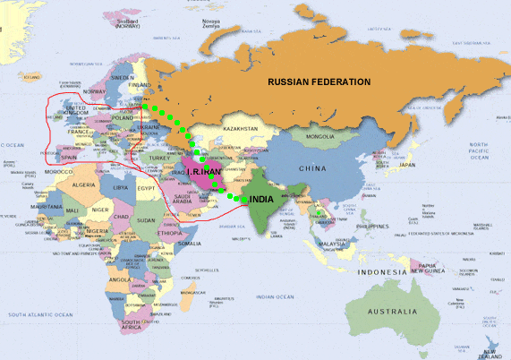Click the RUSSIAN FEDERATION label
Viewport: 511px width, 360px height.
coord(319,81)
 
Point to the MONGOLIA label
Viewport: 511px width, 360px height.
coord(319,137)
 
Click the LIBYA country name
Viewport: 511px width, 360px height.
coord(120,188)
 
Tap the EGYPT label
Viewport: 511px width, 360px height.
coord(148,189)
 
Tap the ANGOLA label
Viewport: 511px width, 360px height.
coord(118,279)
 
